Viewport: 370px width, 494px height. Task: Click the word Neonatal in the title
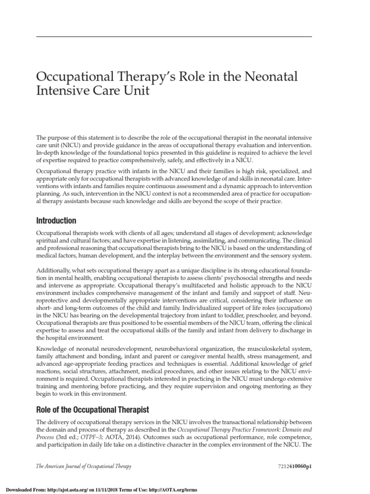pyautogui.click(x=271, y=77)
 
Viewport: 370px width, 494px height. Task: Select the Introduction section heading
pyautogui.click(x=56, y=220)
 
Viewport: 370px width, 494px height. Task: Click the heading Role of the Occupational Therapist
pyautogui.click(x=93, y=410)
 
